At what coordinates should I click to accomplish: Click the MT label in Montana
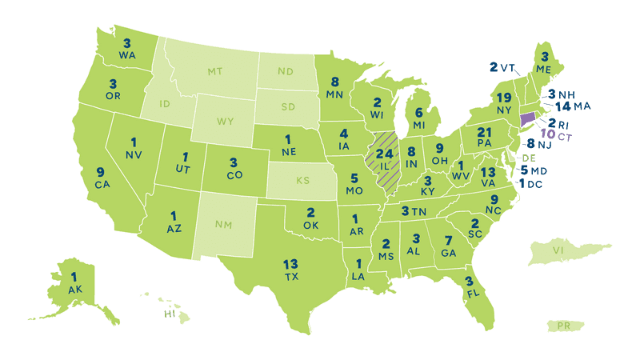pos(214,72)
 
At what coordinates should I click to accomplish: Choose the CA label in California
pos(102,185)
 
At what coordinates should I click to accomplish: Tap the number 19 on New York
pos(504,97)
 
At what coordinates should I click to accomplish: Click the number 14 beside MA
pos(562,106)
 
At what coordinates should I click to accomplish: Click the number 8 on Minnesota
pos(334,80)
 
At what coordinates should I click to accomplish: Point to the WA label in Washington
pos(126,55)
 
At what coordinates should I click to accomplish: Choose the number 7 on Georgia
pos(449,241)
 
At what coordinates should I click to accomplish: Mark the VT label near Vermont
pos(507,68)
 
